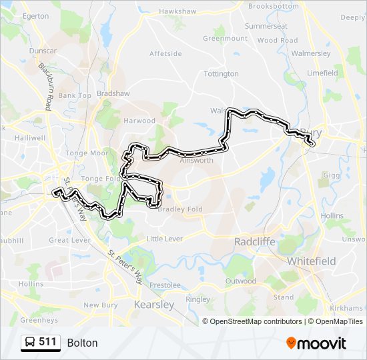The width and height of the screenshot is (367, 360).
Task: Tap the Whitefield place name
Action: (x=312, y=261)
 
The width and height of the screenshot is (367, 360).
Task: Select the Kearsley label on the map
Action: (x=154, y=304)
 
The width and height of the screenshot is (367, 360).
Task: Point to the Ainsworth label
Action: (x=197, y=160)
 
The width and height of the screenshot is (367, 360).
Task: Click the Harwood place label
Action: (x=139, y=121)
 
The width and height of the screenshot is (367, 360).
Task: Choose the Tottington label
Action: (x=221, y=73)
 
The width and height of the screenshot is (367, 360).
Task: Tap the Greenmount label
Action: (x=226, y=38)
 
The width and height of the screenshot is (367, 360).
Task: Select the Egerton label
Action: (x=35, y=15)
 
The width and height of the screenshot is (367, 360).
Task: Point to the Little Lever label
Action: (x=163, y=239)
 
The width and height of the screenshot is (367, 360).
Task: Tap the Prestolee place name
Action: (x=165, y=285)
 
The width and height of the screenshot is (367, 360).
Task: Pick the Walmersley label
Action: (x=311, y=53)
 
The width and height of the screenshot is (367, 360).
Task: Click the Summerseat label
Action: (x=266, y=26)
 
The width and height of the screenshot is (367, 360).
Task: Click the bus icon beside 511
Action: (x=30, y=343)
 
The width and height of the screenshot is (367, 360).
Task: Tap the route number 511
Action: (x=47, y=342)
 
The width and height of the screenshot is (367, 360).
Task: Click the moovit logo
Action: (x=316, y=343)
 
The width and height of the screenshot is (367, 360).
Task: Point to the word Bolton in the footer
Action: (x=82, y=343)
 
